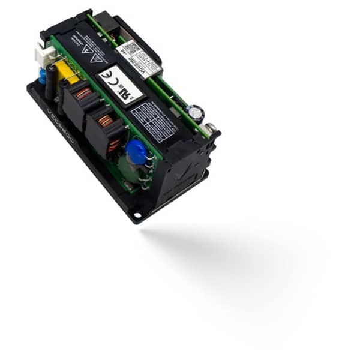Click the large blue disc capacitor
pos(137,152)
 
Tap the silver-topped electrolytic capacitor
pos(196,112)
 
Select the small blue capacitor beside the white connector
pos(43,76)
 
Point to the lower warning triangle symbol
pos(95,58)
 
